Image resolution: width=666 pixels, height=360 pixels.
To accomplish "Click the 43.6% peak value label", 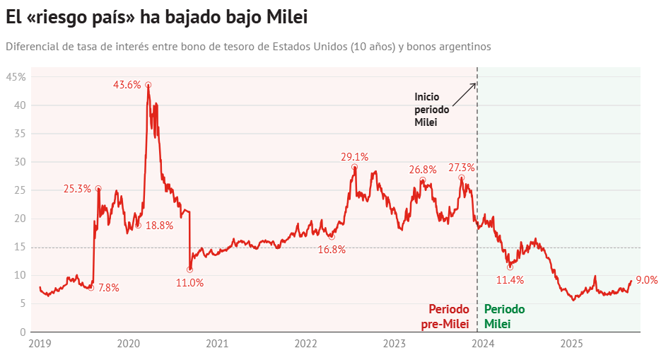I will (x=127, y=85).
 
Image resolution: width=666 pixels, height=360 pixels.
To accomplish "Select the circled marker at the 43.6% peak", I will (x=148, y=85).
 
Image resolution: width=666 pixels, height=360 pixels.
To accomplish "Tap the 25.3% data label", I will (x=77, y=189).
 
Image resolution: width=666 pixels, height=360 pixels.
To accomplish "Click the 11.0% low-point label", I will (x=189, y=282).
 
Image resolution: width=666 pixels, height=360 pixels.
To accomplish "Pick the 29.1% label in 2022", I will (x=354, y=157).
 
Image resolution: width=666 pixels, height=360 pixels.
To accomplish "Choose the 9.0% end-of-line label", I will (x=647, y=280).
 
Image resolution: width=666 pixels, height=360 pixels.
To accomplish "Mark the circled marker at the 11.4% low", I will (x=510, y=267).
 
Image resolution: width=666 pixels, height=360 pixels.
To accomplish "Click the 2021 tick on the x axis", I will (x=217, y=344).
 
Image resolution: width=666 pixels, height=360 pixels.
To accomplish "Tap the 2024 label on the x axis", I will (x=483, y=344).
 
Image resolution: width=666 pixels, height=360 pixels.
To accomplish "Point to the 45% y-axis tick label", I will (x=16, y=76).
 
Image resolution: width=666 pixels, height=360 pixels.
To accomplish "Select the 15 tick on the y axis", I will (x=21, y=247).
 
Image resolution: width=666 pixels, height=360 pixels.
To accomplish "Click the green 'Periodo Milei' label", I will (x=504, y=317).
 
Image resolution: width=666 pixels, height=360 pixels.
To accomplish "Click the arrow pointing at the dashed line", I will (x=464, y=94).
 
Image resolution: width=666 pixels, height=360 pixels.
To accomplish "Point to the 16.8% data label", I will (x=332, y=250).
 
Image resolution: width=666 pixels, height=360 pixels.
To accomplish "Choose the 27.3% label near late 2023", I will (x=461, y=168).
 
